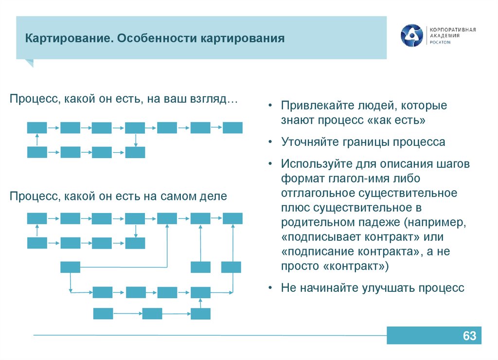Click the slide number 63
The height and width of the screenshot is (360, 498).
[469, 336]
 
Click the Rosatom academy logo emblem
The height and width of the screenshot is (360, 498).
[412, 36]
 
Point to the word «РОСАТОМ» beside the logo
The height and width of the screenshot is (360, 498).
[440, 42]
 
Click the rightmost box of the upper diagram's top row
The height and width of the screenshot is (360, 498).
[232, 128]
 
